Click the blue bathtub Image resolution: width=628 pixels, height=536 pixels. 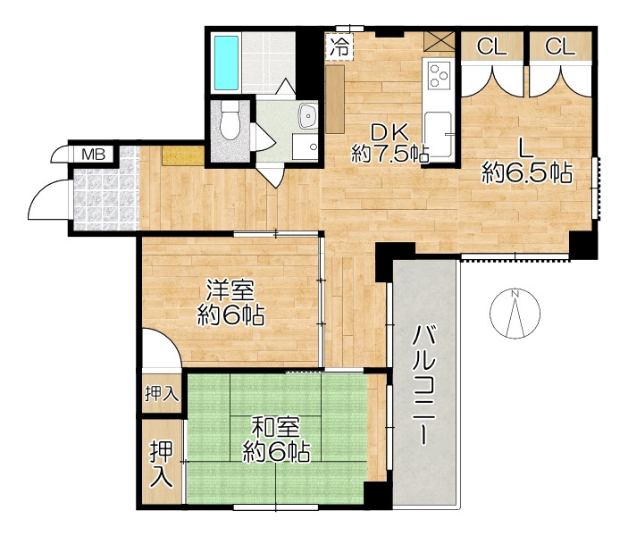point(226,63)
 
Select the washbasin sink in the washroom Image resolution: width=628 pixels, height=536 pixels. point(308,116)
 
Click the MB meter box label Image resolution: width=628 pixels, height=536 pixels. point(93,155)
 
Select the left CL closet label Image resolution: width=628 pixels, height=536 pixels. point(491,46)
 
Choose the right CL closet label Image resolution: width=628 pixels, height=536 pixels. point(560,46)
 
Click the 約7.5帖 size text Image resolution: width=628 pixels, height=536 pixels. point(390,154)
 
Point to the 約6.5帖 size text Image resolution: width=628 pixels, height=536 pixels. point(527,173)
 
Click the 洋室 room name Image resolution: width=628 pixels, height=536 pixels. point(230,290)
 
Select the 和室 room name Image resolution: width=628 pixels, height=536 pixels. point(275,428)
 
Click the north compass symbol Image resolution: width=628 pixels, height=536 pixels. point(515,313)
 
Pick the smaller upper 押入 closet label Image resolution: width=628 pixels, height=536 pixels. point(162,394)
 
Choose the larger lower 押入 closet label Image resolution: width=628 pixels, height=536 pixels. point(162,464)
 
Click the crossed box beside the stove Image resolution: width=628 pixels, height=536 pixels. point(440,41)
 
